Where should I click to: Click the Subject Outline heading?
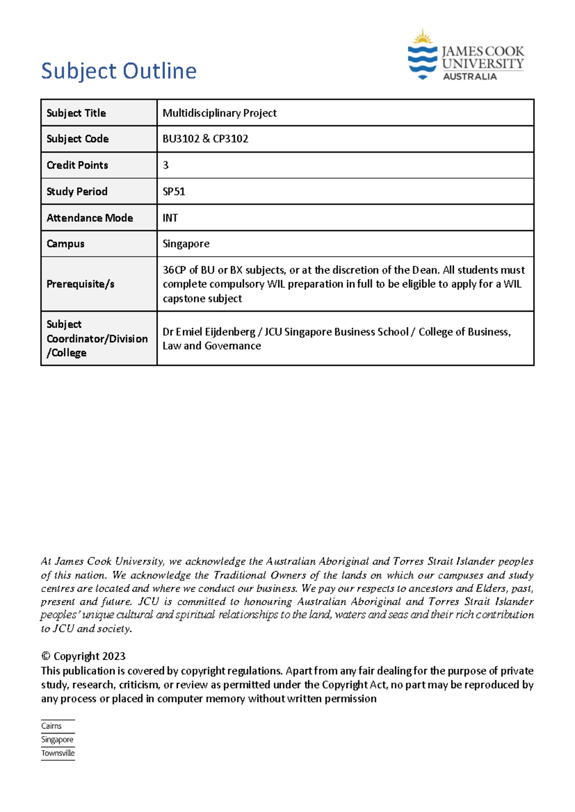[119, 71]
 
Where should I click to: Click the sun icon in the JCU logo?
[422, 37]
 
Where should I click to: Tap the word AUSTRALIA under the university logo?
[470, 77]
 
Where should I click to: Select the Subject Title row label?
[76, 113]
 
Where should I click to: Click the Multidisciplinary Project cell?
[219, 113]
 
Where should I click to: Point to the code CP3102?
[230, 139]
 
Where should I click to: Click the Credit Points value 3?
[166, 165]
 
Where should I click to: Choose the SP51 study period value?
[174, 192]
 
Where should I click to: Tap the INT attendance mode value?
[170, 218]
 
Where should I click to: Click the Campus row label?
[66, 244]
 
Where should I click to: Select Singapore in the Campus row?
[186, 244]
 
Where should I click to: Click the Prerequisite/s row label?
[80, 284]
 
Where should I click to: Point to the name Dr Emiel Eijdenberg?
[209, 332]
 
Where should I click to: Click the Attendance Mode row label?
[90, 218]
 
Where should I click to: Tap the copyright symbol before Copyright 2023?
[46, 656]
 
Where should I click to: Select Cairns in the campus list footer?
[51, 726]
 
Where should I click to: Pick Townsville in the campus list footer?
[58, 753]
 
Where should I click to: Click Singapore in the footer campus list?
[57, 740]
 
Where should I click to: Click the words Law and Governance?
[212, 346]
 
